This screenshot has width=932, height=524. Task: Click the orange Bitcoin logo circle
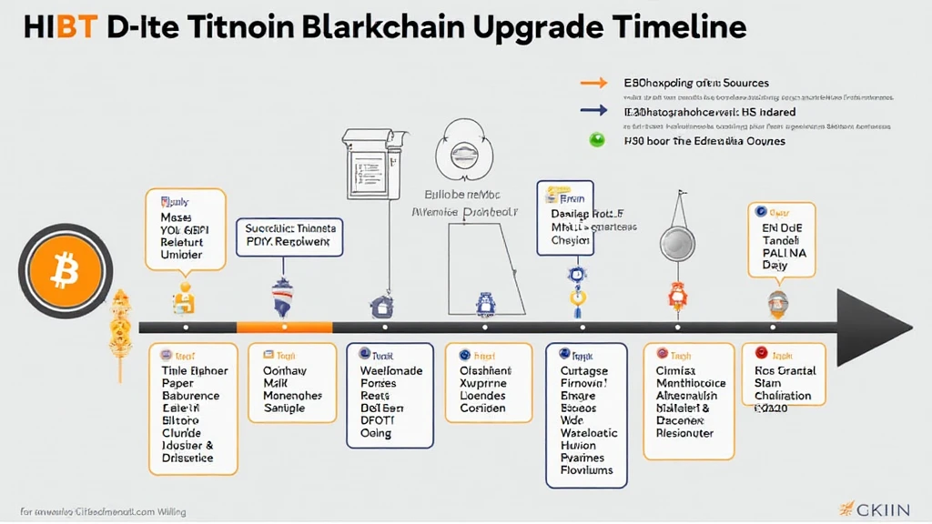click(x=61, y=269)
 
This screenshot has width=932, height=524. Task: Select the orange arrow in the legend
click(x=593, y=83)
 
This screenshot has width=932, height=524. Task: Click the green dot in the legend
click(x=597, y=141)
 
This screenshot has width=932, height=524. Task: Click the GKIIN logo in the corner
click(x=881, y=507)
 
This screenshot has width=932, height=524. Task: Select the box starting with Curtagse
click(x=586, y=414)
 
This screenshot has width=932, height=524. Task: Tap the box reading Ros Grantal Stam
click(x=784, y=374)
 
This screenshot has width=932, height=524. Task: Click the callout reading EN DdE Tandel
click(x=780, y=239)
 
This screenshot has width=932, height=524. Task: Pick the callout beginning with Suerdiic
click(x=291, y=237)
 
